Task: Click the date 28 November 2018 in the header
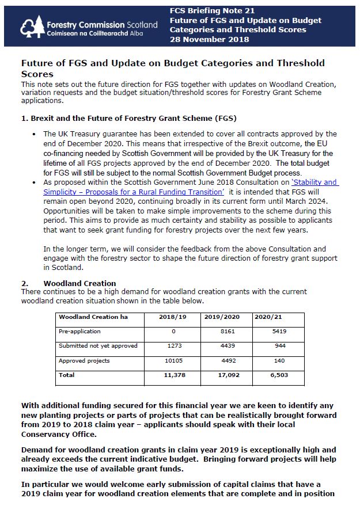210,39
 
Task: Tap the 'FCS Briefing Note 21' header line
213,10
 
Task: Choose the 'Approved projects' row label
84,361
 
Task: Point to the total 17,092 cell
224,375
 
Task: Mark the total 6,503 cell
275,375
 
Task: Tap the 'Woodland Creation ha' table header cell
93,317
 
